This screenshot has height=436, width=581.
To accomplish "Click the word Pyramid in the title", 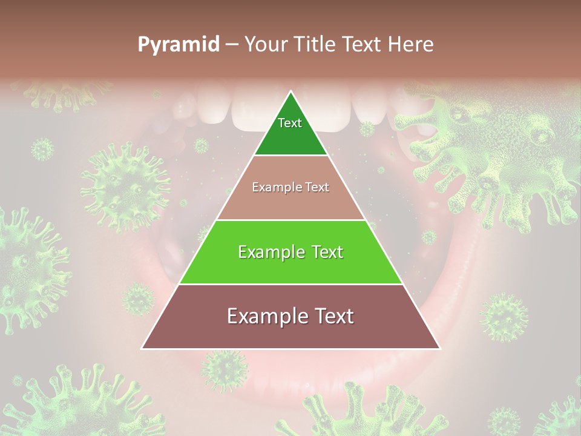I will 178,45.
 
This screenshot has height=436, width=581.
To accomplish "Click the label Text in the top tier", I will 290,123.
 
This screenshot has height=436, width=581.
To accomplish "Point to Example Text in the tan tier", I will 290,187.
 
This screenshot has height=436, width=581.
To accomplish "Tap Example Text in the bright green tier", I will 290,252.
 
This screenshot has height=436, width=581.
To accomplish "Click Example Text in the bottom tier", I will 290,316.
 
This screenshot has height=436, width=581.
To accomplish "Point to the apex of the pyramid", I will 291,92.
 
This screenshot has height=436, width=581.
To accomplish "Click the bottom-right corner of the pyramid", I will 439,348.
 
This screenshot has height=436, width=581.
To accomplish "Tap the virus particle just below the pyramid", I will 225,369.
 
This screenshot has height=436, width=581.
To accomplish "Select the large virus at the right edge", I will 508,151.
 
